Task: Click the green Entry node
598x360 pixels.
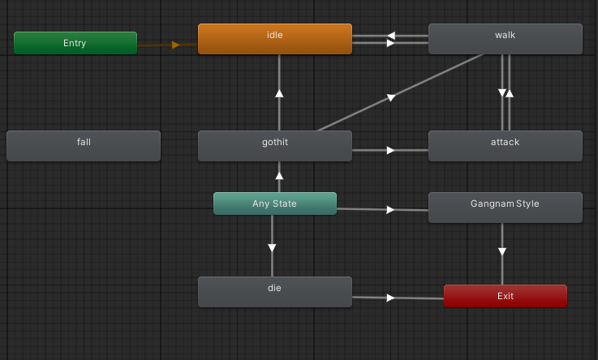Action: [x=75, y=43]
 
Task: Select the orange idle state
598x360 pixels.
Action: [x=274, y=39]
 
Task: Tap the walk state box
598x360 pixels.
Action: [x=505, y=39]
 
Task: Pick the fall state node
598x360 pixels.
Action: [x=84, y=146]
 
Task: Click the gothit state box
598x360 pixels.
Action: [x=274, y=146]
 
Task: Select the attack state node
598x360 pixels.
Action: [x=505, y=146]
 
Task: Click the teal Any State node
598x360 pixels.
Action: [x=274, y=204]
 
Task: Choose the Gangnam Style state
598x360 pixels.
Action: [x=505, y=208]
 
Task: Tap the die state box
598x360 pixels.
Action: [x=274, y=292]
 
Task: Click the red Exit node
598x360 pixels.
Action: [x=505, y=296]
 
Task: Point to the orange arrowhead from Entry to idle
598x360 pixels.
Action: [x=175, y=45]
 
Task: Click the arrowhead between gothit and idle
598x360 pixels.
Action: [x=279, y=93]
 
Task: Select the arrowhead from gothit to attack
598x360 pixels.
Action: [x=390, y=150]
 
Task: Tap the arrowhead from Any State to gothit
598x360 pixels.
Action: [x=279, y=174]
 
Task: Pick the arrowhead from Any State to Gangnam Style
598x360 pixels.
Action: [x=390, y=210]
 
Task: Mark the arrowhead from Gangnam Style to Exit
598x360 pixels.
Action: [x=502, y=252]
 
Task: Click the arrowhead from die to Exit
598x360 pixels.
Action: [x=390, y=298]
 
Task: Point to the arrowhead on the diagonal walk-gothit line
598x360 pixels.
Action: [x=390, y=97]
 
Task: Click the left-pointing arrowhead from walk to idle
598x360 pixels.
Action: [x=390, y=36]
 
